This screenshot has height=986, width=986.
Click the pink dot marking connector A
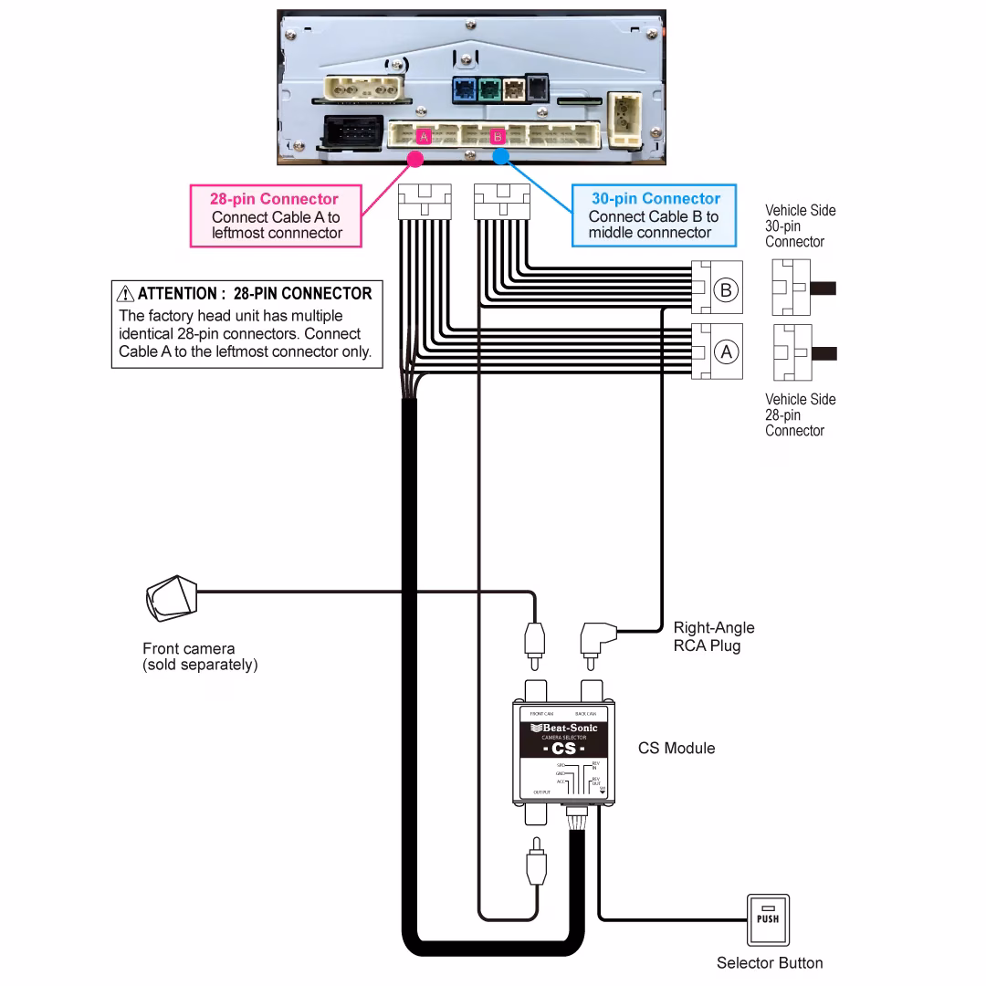point(414,158)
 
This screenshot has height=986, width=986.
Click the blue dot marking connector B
point(499,157)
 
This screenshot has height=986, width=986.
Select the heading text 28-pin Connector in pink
point(274,199)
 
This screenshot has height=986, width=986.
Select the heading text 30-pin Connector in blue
point(655,198)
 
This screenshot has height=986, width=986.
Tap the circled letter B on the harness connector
point(726,290)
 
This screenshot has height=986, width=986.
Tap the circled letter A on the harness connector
point(726,351)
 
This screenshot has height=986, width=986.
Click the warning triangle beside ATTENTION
point(126,294)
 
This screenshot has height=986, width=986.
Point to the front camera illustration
point(171,599)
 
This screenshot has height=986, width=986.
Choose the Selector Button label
point(769,962)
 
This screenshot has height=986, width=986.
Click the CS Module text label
point(676,749)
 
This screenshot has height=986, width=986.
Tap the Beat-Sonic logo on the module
point(564,728)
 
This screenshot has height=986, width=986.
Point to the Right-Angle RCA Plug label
point(713,636)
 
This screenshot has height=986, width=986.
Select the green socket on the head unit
point(488,89)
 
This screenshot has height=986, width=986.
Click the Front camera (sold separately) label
point(199,656)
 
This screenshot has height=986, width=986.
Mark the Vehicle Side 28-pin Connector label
point(800,414)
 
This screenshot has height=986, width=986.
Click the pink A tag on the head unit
point(424,137)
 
